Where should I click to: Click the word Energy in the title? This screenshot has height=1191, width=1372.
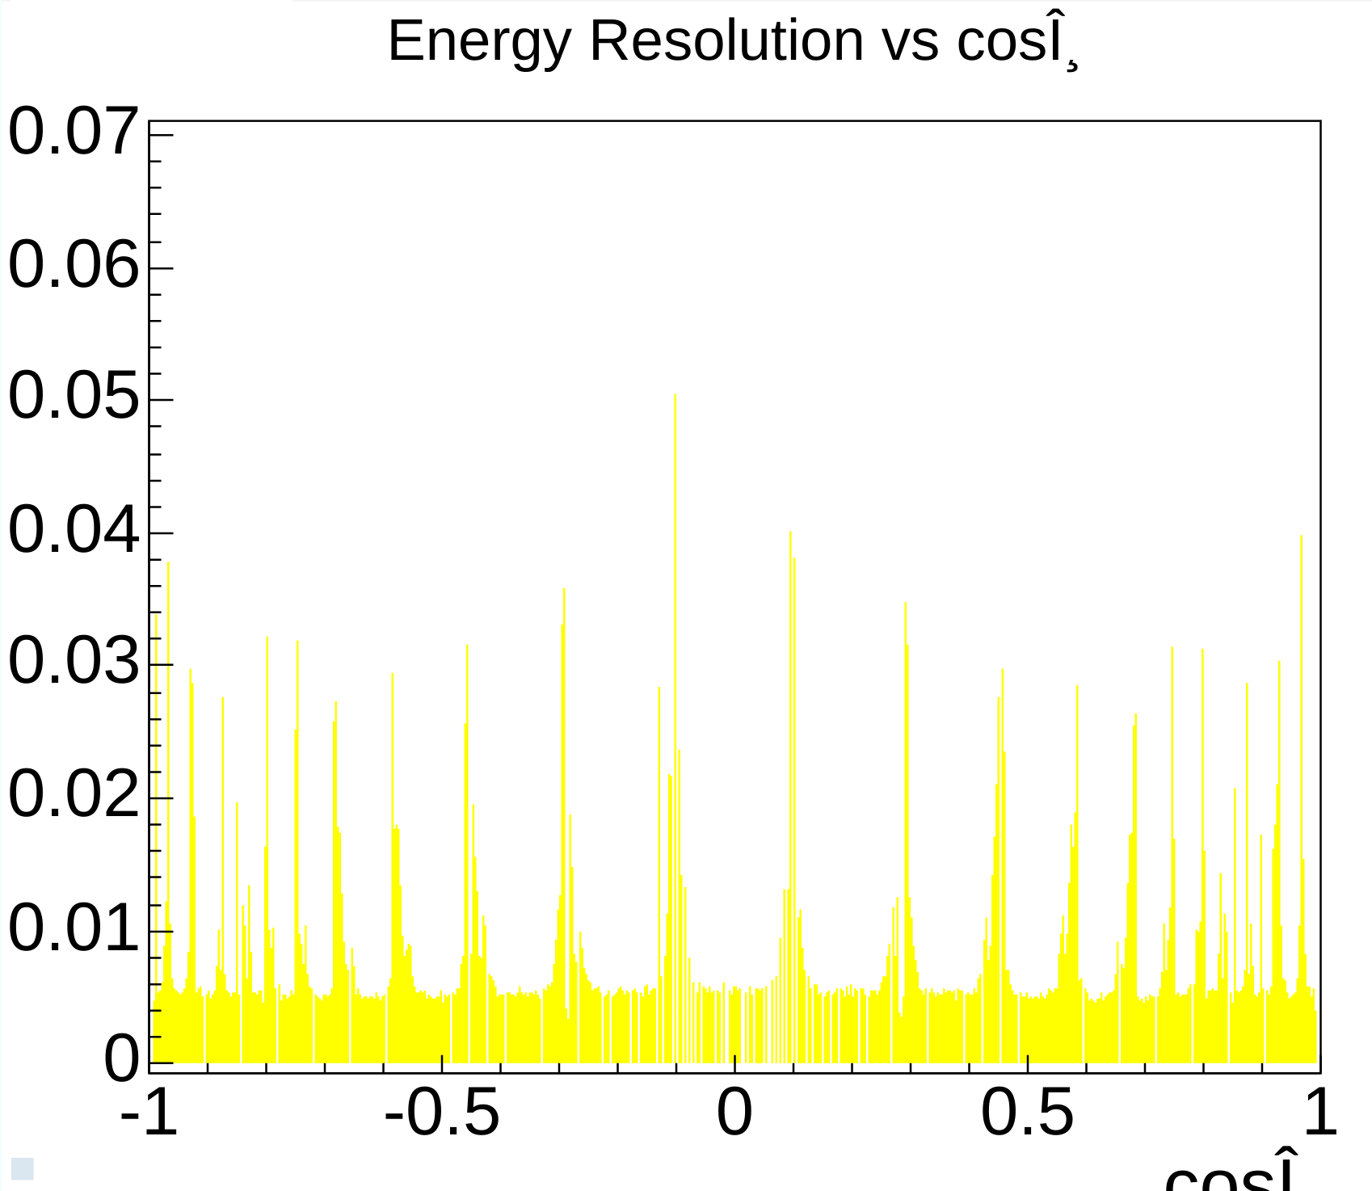tap(479, 42)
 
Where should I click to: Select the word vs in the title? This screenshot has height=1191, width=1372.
tap(910, 42)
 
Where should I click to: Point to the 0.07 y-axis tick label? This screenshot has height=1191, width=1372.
tap(73, 132)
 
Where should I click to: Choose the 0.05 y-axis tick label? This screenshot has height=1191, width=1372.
tap(73, 396)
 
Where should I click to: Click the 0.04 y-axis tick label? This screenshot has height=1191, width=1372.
tap(73, 530)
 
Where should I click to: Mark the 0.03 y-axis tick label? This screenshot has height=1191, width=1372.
tap(73, 662)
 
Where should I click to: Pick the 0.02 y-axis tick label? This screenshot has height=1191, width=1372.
tap(73, 795)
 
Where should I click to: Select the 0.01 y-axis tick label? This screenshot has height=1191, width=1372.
tap(73, 928)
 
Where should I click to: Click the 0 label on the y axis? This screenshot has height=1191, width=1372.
tap(121, 1058)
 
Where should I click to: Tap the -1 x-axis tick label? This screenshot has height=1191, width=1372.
tap(149, 1113)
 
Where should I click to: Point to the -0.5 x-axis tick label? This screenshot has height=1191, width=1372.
tap(442, 1113)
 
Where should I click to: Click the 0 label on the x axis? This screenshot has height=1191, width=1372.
tap(734, 1113)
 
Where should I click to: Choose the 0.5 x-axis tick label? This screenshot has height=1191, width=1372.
tap(1027, 1113)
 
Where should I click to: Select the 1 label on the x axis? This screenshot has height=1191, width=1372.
tap(1320, 1113)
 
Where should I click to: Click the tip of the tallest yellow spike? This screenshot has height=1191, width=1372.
tap(675, 396)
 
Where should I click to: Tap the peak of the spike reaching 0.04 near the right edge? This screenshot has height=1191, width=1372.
tap(1301, 537)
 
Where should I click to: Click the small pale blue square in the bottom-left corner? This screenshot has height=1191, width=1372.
tap(22, 1168)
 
